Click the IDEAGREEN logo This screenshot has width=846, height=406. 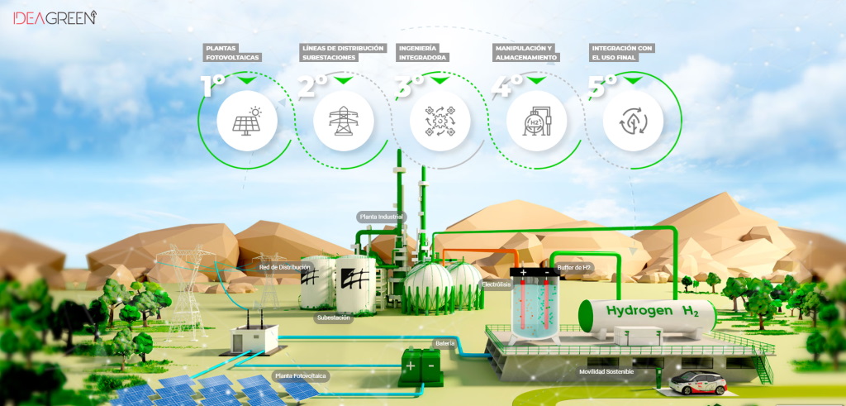click(x=55, y=16)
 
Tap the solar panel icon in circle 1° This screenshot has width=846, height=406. click(x=246, y=121)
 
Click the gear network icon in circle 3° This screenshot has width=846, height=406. click(x=440, y=121)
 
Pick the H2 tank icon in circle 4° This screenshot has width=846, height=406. click(x=536, y=121)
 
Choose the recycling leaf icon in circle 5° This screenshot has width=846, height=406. click(x=632, y=121)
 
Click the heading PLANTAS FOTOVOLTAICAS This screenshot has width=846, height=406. click(x=232, y=53)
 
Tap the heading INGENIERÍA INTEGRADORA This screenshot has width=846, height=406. click(x=422, y=53)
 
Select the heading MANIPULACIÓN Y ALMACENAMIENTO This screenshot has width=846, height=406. click(x=525, y=53)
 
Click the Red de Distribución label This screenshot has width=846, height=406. click(x=284, y=267)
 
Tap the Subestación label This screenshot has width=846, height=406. click(x=334, y=318)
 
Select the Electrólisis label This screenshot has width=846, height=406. click(x=497, y=284)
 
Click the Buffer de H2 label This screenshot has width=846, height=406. click(x=575, y=267)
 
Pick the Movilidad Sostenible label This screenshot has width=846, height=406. click(x=606, y=372)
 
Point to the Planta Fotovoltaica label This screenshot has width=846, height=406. click(x=301, y=375)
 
